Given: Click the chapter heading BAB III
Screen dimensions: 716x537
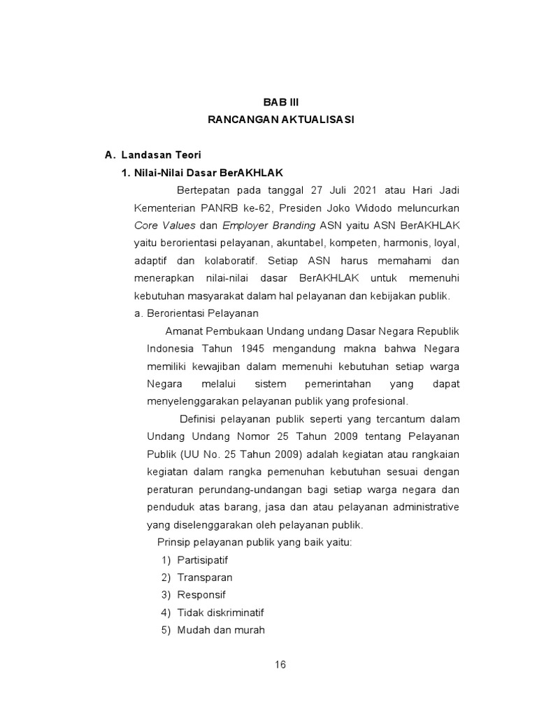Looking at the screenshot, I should [x=280, y=101].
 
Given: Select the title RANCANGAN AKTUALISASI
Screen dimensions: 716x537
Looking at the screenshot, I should [x=280, y=120].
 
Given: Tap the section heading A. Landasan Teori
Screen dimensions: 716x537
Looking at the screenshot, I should [x=152, y=155].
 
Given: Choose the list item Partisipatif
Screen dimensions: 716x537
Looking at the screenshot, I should [x=202, y=560].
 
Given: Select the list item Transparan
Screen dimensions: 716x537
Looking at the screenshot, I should [x=204, y=578].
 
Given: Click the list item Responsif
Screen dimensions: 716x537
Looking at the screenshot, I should [x=201, y=595].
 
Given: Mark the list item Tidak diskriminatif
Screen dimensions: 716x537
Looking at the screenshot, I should [x=220, y=613].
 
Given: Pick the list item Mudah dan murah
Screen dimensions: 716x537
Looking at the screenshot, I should [x=221, y=630].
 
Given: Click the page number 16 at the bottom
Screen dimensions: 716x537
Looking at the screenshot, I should [x=280, y=664].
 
